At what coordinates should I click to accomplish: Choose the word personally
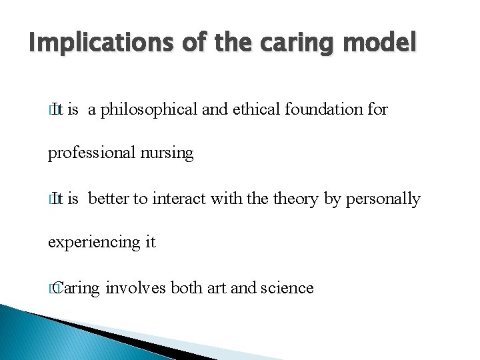(x=383, y=199)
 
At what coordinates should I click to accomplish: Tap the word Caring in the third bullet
(x=78, y=288)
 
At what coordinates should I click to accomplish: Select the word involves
(x=135, y=288)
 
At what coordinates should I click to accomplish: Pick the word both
(x=187, y=288)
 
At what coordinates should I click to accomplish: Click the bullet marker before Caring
(x=53, y=289)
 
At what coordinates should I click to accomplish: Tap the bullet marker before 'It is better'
(x=53, y=199)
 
